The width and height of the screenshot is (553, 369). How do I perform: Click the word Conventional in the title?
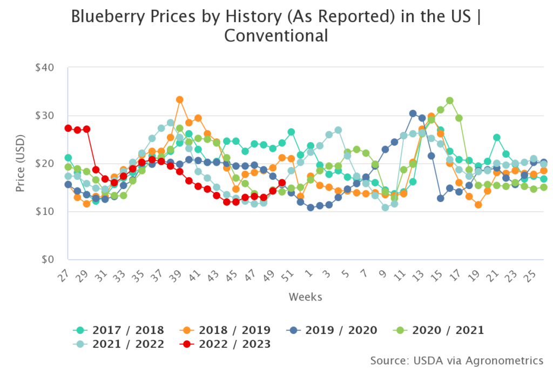[276, 36]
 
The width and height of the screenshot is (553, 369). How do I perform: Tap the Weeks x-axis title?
[306, 297]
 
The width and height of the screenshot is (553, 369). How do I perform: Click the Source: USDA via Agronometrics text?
[457, 360]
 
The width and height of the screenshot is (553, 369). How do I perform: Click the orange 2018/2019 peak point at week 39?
[180, 100]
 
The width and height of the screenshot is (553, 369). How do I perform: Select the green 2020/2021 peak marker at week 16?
[449, 100]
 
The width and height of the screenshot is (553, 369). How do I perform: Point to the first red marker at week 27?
[68, 128]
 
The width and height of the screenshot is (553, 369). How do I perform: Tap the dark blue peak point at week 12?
[413, 113]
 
